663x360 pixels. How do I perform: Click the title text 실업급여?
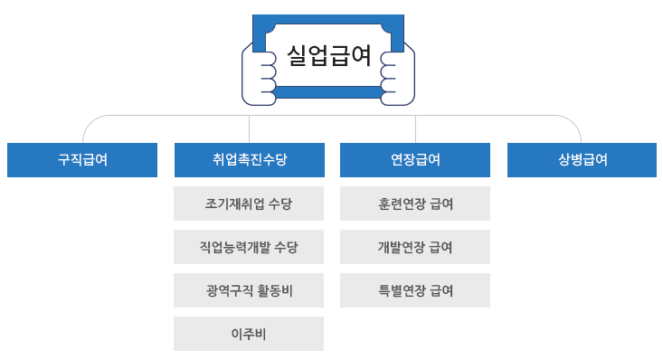(x=328, y=55)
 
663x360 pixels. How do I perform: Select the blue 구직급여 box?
(x=82, y=160)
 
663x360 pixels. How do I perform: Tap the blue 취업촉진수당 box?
(x=249, y=160)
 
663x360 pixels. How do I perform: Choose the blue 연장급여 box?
(x=415, y=160)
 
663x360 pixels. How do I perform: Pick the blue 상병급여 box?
(x=582, y=160)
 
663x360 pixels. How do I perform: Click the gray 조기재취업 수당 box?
(x=249, y=204)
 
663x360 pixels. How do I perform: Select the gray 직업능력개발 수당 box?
(x=249, y=247)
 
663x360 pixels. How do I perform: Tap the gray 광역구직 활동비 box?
(x=249, y=290)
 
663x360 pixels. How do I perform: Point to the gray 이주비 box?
(x=249, y=334)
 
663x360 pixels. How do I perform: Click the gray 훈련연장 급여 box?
(x=415, y=204)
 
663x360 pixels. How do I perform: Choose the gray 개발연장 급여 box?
(x=415, y=247)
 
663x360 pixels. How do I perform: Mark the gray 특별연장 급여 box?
(x=415, y=290)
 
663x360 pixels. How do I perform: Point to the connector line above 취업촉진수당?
(x=249, y=128)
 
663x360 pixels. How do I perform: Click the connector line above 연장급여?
(x=415, y=128)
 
